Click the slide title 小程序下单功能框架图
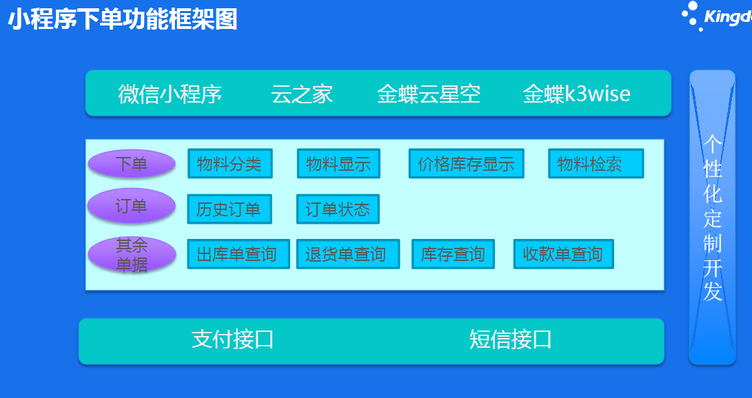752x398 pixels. click(123, 20)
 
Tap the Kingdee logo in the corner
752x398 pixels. click(717, 16)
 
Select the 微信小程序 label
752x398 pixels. click(170, 94)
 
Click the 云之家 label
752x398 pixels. click(302, 94)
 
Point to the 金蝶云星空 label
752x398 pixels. click(428, 94)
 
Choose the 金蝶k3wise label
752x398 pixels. click(576, 94)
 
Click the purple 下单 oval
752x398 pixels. click(131, 164)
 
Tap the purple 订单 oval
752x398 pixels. click(131, 205)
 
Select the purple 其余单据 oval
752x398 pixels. click(131, 255)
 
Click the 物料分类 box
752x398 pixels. click(230, 164)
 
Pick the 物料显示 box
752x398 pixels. click(338, 164)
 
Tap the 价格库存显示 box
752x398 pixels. click(466, 164)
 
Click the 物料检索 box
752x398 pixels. click(596, 164)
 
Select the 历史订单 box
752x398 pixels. click(229, 209)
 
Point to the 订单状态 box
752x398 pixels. click(338, 209)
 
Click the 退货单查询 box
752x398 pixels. click(347, 255)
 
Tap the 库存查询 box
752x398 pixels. click(453, 255)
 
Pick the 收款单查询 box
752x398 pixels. click(563, 255)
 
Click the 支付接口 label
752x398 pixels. click(232, 339)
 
